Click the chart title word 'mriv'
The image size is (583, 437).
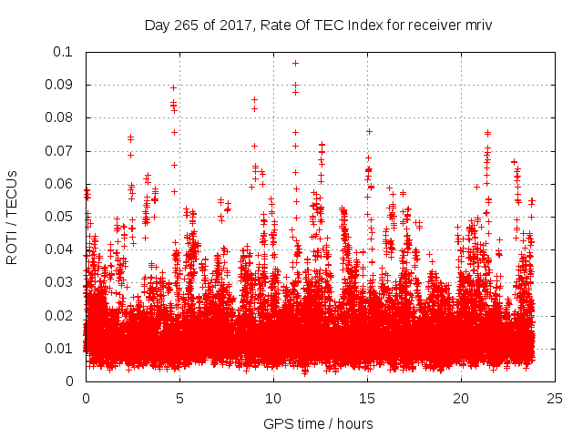[477, 25]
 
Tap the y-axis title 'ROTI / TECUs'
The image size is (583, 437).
[12, 217]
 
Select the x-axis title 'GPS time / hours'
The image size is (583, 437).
[318, 423]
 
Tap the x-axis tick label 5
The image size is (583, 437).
[179, 398]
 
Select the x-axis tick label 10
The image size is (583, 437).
[273, 398]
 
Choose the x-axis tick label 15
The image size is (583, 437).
[367, 398]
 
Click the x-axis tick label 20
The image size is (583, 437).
[461, 398]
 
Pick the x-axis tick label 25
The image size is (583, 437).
[555, 398]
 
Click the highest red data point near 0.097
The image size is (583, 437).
[295, 63]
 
